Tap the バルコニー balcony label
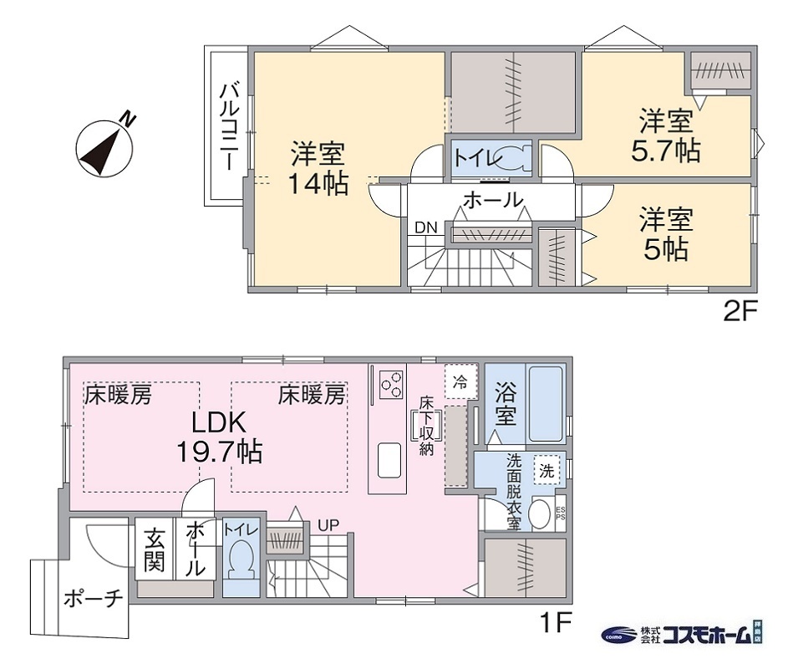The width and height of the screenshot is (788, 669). coord(226,125)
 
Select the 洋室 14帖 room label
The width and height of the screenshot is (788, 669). coord(318,169)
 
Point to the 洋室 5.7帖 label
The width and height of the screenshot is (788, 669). coord(666,135)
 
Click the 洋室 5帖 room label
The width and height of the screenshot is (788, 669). coord(666,235)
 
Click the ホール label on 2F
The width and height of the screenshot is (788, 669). coord(492,201)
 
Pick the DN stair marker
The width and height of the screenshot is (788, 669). coord(425,227)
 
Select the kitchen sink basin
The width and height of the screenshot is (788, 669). coord(390,458)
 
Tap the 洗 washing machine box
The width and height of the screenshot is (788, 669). coord(547,470)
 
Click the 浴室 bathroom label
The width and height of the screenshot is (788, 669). coord(505,402)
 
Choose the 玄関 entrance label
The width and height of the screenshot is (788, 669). coord(153,550)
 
